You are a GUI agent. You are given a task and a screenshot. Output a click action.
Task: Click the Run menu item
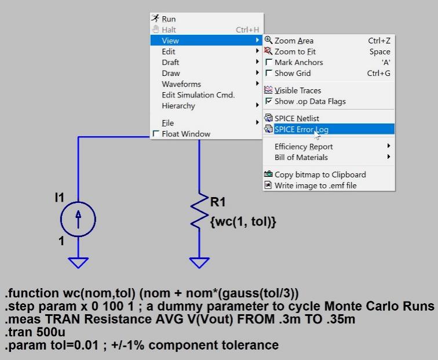tap(169, 19)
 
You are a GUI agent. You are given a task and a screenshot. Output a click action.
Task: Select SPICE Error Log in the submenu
tap(301, 129)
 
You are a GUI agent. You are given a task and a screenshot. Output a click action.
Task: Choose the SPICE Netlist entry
tap(297, 118)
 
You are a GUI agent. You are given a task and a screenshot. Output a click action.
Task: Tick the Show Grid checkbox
tap(269, 73)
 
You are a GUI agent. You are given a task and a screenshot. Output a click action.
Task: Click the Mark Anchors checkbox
tap(269, 62)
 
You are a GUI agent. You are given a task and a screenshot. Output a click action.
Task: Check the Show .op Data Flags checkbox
tap(269, 101)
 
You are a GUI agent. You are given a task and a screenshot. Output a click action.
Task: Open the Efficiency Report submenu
tap(304, 147)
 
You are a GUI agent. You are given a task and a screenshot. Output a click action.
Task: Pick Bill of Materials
tap(301, 157)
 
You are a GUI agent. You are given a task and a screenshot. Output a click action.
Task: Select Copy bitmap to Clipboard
tap(320, 174)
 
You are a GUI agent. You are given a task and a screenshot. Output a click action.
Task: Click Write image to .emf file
tap(315, 186)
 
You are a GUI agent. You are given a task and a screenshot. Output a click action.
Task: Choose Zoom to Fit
tap(295, 52)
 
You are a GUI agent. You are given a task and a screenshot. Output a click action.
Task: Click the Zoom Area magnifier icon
tap(268, 40)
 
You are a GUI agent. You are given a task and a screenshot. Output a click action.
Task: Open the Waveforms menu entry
tap(181, 84)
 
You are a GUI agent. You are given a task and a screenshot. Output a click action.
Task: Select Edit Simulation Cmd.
tap(198, 95)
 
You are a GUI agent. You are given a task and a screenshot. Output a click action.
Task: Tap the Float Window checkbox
tap(156, 133)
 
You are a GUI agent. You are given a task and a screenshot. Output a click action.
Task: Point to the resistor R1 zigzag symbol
tap(199, 211)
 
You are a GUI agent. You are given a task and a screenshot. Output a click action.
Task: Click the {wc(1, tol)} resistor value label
tap(243, 221)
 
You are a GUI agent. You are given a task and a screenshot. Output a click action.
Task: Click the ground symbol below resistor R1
tap(199, 263)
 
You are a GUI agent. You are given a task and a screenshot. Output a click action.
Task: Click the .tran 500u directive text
tap(35, 332)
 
